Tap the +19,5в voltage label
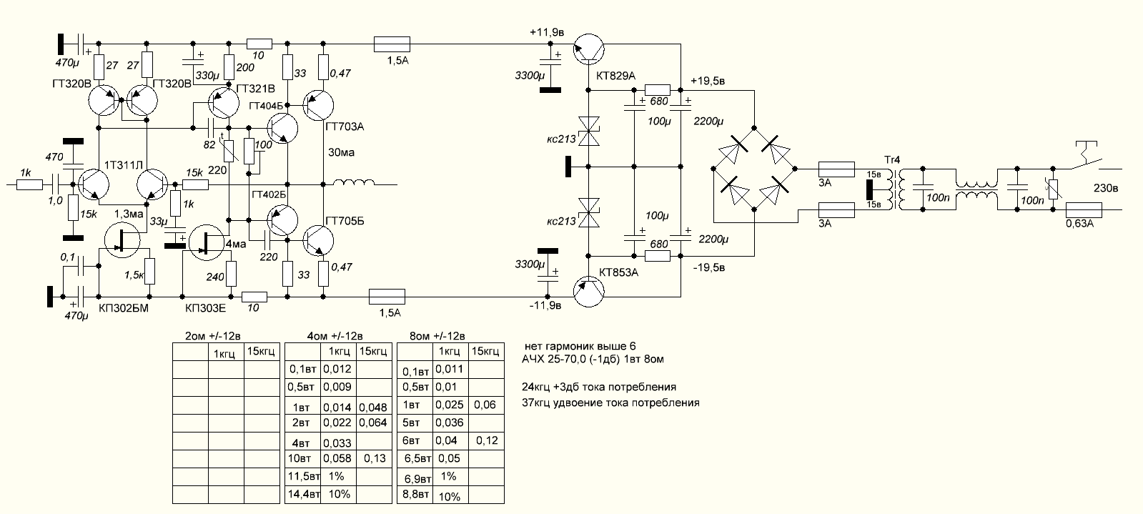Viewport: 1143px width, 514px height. pyautogui.click(x=708, y=81)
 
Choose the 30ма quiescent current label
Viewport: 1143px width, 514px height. pyautogui.click(x=340, y=152)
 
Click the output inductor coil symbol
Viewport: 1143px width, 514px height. pyautogui.click(x=353, y=184)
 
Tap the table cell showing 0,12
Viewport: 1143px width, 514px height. pyautogui.click(x=485, y=440)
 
